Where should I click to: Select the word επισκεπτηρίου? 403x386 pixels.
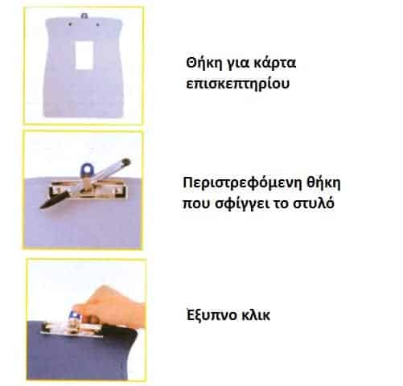click(237, 84)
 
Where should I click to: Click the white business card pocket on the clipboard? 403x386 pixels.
click(84, 55)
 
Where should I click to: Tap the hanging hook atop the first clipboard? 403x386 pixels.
click(84, 16)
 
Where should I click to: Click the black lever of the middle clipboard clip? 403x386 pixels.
click(53, 200)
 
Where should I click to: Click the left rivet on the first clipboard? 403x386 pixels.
click(71, 25)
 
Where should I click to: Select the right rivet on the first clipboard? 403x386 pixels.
click(97, 24)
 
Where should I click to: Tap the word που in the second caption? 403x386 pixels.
click(197, 204)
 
